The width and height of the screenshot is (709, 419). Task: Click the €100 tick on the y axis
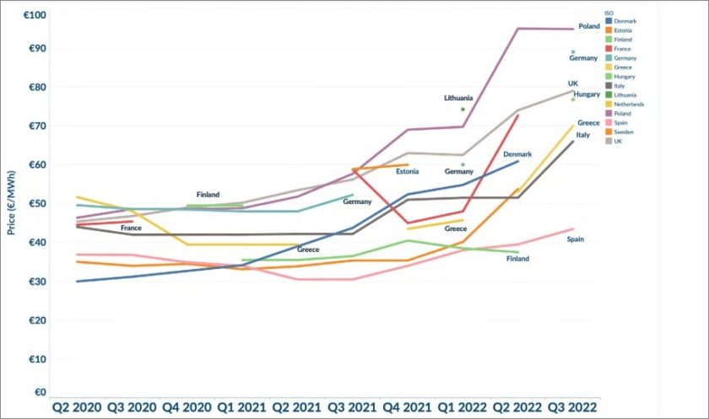[35, 15]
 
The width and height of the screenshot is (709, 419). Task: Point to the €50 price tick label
[37, 203]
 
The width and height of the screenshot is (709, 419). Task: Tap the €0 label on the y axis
[41, 392]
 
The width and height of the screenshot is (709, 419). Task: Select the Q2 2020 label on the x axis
[77, 406]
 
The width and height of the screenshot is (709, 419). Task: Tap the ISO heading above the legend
[610, 13]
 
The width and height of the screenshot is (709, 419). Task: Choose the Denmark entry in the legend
[625, 20]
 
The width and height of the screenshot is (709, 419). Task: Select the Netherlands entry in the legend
[629, 105]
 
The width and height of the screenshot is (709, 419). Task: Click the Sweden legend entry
[625, 132]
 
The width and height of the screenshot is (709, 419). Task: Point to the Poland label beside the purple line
[588, 27]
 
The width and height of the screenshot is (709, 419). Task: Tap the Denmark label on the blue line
[517, 154]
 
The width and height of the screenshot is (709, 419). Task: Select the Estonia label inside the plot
[409, 172]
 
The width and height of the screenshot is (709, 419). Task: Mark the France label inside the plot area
[131, 228]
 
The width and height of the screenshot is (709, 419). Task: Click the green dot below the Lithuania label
[463, 109]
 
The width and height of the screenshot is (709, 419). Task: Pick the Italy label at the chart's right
[582, 135]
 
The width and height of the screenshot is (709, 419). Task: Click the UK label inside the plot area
[573, 83]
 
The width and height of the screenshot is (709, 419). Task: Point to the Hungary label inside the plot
[587, 94]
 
